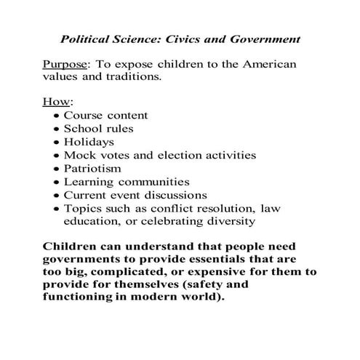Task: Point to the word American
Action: click(267, 65)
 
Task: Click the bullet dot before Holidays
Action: click(57, 143)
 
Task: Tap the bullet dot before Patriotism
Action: click(57, 169)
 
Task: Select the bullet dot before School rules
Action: click(57, 129)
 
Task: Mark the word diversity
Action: click(227, 221)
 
